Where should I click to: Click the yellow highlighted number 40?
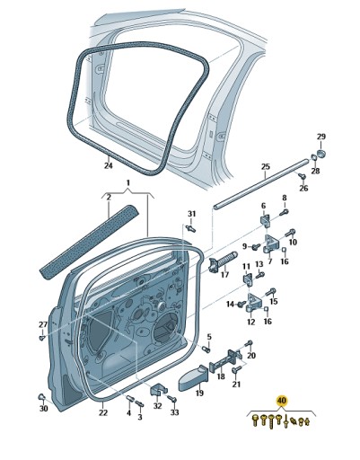[x=282, y=400]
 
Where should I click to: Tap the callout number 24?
[x=108, y=165]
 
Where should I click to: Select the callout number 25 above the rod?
[x=265, y=167]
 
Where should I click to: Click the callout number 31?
[x=191, y=213]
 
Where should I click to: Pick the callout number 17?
[x=225, y=275]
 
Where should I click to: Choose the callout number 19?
[x=199, y=393]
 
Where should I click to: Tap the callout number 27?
[x=42, y=323]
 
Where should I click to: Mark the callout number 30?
[x=43, y=409]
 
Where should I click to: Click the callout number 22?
[x=103, y=412]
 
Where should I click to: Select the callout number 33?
[x=174, y=412]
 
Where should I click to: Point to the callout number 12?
[x=251, y=322]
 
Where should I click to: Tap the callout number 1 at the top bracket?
[x=127, y=183]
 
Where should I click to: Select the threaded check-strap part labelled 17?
[x=224, y=260]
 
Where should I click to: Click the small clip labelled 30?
[x=42, y=395]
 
